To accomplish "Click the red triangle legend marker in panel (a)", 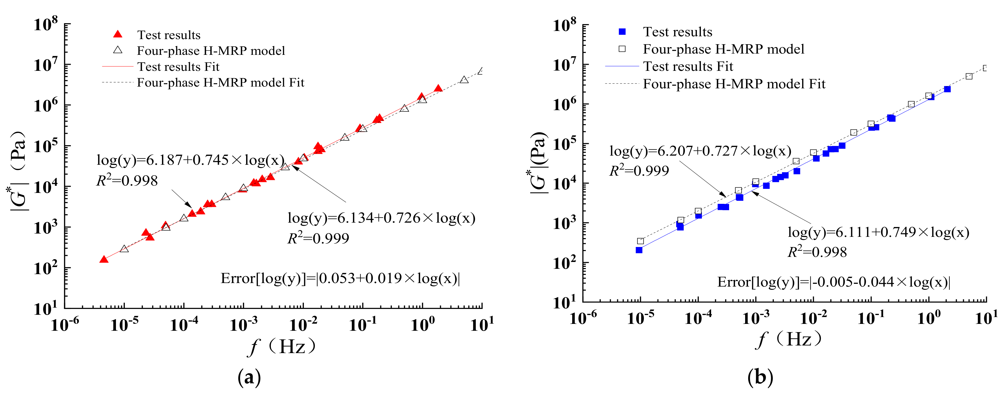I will coord(118,35).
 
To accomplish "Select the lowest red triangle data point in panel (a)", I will coord(104,259).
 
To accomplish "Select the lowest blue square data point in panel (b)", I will coord(639,250).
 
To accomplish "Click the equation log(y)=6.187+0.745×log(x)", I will coord(190,160).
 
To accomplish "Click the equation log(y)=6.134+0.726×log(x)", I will coord(381,218).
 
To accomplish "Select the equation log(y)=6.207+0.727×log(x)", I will coord(700,151).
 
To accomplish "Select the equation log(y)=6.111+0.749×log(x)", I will coord(878,232).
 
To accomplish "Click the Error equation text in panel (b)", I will coord(834,282).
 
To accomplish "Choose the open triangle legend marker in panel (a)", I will coord(118,50).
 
